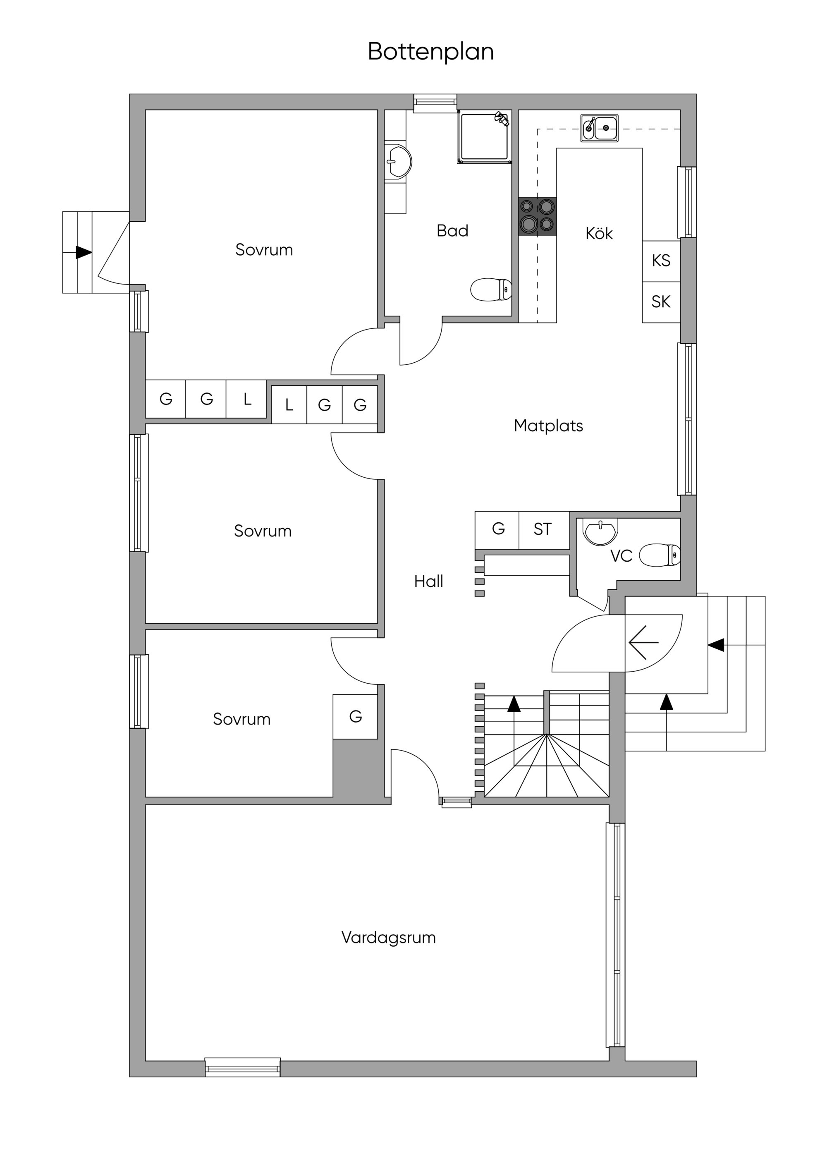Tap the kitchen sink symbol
599,128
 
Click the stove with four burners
537,216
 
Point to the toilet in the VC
660,555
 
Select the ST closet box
543,529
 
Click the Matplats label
548,426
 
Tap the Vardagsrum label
388,938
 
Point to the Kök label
599,233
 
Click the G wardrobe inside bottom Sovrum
355,716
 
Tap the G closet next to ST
498,529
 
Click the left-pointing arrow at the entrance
643,643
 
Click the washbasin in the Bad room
398,162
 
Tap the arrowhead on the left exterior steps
84,252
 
